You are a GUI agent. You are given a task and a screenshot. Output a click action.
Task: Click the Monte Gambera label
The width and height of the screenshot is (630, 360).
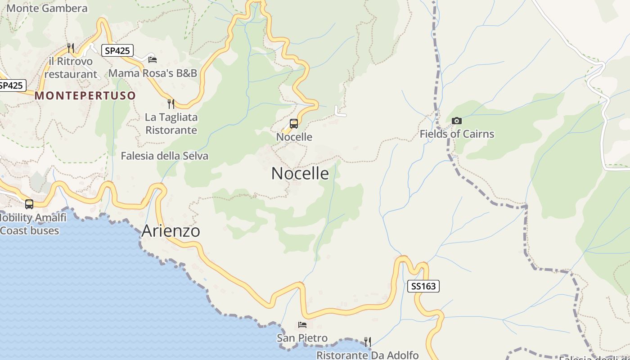pyautogui.click(x=47, y=8)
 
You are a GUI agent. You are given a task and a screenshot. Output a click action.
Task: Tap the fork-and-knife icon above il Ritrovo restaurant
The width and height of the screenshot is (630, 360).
pyautogui.click(x=70, y=48)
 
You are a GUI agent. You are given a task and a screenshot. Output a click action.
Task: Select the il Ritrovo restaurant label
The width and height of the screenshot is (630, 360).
pyautogui.click(x=71, y=67)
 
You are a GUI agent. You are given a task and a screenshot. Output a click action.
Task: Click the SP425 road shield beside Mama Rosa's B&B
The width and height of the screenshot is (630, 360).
pyautogui.click(x=117, y=50)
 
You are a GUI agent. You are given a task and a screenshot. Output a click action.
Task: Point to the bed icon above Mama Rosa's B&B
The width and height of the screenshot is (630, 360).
pyautogui.click(x=153, y=59)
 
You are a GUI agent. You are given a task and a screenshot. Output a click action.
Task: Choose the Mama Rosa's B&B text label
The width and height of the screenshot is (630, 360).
pyautogui.click(x=153, y=73)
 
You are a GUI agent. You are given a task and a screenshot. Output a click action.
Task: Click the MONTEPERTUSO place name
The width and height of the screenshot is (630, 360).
pyautogui.click(x=85, y=95)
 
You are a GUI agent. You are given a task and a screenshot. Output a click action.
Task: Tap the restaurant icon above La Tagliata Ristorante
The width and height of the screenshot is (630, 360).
pyautogui.click(x=171, y=104)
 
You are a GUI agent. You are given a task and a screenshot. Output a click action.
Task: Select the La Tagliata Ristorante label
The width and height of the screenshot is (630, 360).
pyautogui.click(x=171, y=124)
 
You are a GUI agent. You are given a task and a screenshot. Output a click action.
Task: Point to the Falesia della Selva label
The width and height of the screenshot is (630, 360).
pyautogui.click(x=165, y=156)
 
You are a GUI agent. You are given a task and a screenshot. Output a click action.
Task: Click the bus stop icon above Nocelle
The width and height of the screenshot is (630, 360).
pyautogui.click(x=294, y=124)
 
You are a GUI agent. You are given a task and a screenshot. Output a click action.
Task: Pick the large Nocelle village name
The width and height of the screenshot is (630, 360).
pyautogui.click(x=300, y=174)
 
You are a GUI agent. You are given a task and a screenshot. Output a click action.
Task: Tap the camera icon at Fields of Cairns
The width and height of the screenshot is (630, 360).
pyautogui.click(x=456, y=121)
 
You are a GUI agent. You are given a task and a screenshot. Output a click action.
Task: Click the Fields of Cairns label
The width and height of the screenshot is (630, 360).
pyautogui.click(x=457, y=134)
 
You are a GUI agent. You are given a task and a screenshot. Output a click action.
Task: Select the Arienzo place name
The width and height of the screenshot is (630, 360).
pyautogui.click(x=171, y=231)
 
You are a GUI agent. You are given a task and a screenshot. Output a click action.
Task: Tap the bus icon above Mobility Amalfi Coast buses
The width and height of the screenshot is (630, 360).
pyautogui.click(x=29, y=204)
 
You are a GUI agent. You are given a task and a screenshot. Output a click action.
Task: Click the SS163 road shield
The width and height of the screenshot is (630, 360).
pyautogui.click(x=423, y=286)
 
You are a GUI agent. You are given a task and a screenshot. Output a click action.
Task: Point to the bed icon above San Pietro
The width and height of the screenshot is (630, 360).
pyautogui.click(x=302, y=325)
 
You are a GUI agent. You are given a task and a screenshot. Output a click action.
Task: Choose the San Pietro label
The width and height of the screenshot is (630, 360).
pyautogui.click(x=302, y=338)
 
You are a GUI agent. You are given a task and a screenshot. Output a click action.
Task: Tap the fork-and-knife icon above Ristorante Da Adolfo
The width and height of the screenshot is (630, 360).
pyautogui.click(x=368, y=342)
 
